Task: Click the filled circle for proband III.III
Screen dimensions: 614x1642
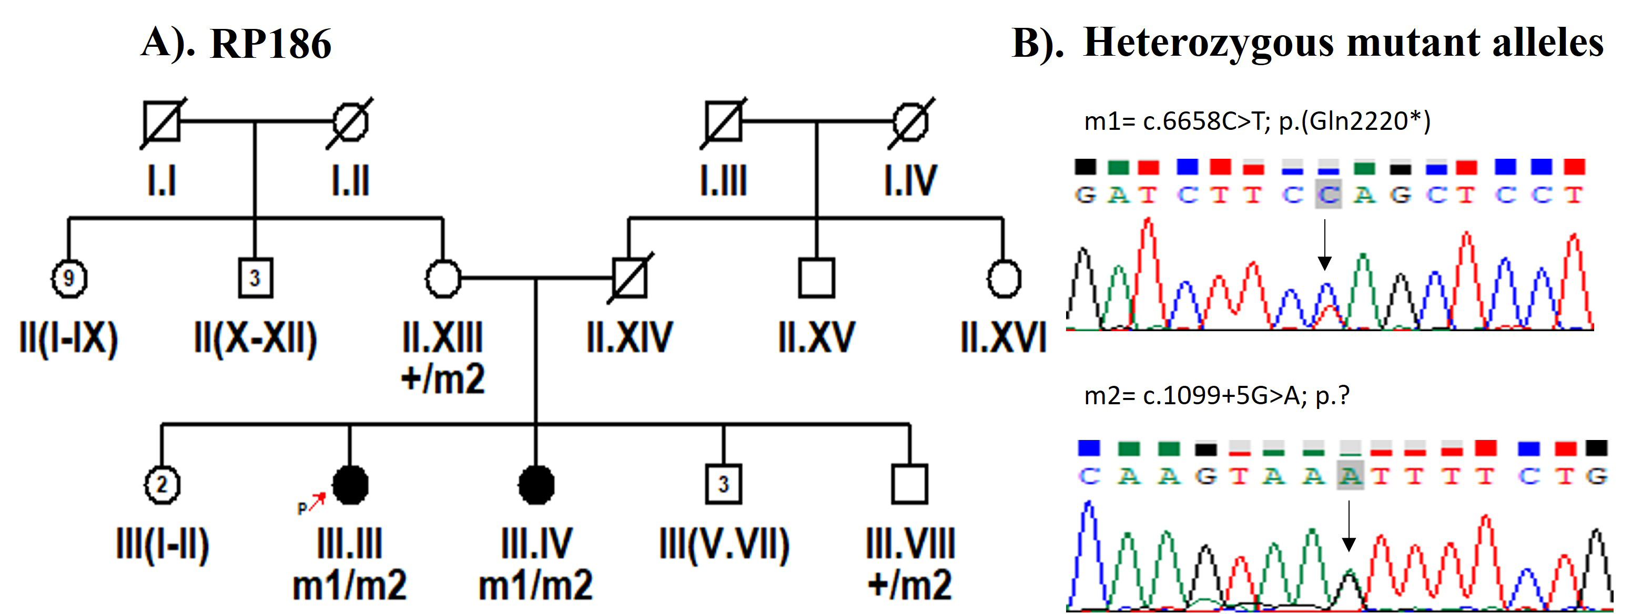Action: click(x=350, y=485)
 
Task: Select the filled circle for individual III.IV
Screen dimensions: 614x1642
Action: click(x=536, y=485)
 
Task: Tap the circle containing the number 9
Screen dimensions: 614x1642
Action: click(x=69, y=278)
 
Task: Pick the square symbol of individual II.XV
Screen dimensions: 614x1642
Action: click(x=817, y=278)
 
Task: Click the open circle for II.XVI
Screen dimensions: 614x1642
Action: click(x=1004, y=278)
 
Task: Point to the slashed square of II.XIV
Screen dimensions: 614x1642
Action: click(x=630, y=278)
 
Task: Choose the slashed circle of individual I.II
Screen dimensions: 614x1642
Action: click(x=350, y=121)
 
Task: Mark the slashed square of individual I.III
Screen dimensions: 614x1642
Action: click(x=724, y=121)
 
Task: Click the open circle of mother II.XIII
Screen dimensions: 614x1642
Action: click(x=443, y=278)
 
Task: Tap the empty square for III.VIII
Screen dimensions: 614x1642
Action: click(x=909, y=485)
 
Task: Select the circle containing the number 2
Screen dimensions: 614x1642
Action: click(x=162, y=485)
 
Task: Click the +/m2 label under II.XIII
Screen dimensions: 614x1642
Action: click(x=443, y=379)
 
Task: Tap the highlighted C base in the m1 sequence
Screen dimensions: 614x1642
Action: click(x=1329, y=195)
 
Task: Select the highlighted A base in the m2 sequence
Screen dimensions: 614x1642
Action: click(x=1350, y=476)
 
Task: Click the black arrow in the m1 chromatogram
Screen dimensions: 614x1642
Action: click(x=1324, y=245)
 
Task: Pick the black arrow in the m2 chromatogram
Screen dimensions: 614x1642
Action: click(x=1348, y=526)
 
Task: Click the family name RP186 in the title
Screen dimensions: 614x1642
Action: click(x=271, y=44)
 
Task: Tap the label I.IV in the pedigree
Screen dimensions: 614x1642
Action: click(x=910, y=180)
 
